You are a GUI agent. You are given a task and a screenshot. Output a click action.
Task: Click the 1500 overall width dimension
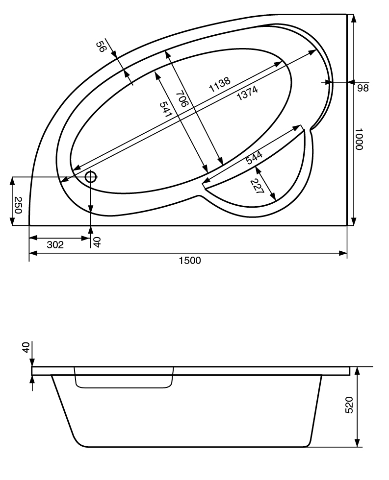(x=190, y=261)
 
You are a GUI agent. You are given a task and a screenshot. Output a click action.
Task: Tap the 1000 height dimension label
(x=359, y=139)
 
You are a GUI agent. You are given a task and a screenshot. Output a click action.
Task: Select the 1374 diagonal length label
(x=247, y=93)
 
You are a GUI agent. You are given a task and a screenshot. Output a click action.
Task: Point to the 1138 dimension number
(x=219, y=84)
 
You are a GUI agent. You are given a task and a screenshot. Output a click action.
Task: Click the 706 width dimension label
(x=182, y=98)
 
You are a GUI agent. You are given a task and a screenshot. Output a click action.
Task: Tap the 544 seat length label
(x=254, y=157)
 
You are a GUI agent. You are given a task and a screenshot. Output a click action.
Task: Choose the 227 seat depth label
(x=257, y=187)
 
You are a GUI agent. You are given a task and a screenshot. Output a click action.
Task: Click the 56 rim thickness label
(x=101, y=47)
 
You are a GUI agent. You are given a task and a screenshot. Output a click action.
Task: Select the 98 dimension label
(x=363, y=88)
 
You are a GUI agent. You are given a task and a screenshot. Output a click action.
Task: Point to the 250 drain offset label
(x=18, y=205)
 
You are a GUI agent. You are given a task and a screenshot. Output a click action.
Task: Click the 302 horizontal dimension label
(x=55, y=245)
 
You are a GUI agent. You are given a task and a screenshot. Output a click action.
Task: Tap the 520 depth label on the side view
(x=349, y=405)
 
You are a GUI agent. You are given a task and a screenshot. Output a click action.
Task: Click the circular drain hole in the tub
(x=91, y=177)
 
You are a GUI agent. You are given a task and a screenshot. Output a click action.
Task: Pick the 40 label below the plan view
(x=97, y=242)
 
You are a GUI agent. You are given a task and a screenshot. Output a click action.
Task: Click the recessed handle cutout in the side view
(x=124, y=378)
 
